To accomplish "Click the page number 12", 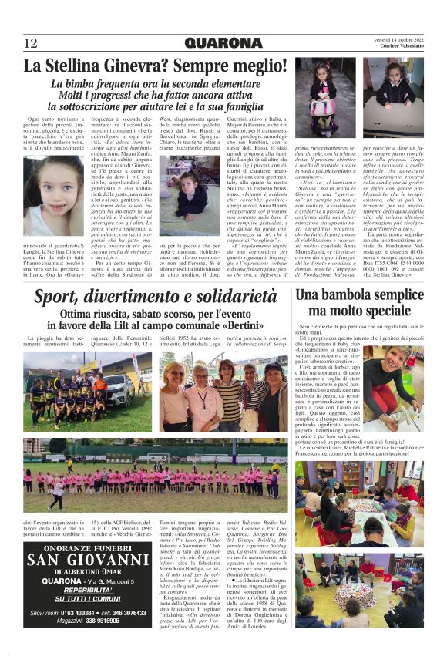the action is tap(31, 43).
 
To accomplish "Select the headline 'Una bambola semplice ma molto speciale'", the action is tap(359, 303).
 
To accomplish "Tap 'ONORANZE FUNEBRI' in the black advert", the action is tap(88, 547).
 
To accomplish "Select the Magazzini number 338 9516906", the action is tap(92, 621).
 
